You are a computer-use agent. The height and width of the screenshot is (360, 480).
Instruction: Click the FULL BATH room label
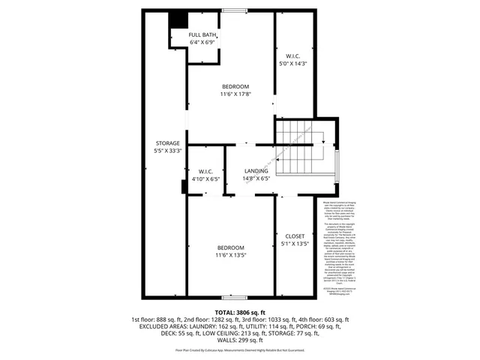(203, 35)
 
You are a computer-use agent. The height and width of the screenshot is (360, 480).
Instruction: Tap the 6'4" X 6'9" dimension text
(203, 43)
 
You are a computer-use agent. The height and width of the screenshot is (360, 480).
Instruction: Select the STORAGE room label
(167, 142)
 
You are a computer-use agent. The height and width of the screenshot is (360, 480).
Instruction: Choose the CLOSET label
(293, 235)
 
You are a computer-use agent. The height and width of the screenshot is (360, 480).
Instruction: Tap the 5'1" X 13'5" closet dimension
(293, 243)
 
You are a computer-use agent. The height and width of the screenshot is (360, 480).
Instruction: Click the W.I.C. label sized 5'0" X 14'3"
(293, 56)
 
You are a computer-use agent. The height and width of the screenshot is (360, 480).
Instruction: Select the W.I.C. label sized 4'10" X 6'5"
(205, 171)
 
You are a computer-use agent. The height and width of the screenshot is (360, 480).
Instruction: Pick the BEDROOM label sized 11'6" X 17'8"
(234, 86)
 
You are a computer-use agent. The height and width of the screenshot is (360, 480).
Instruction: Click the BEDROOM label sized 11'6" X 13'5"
(232, 247)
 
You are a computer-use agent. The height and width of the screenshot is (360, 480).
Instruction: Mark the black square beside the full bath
(178, 19)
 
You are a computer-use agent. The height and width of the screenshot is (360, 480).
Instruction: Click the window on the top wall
(235, 10)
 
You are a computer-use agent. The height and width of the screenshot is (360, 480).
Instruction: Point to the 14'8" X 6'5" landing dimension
(256, 178)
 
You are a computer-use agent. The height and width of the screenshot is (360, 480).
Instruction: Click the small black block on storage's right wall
(184, 186)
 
